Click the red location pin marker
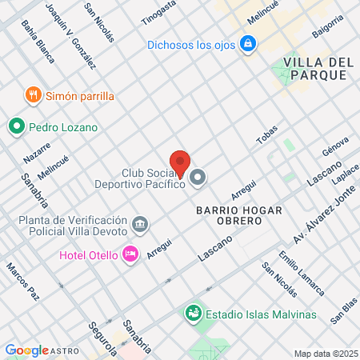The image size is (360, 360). (180, 162)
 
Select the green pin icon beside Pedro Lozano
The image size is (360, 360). (15, 126)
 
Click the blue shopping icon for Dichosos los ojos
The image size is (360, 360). (249, 44)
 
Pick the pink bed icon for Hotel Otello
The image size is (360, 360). (130, 255)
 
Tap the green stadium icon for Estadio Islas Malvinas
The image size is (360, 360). (193, 312)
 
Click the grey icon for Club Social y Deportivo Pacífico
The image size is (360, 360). (198, 178)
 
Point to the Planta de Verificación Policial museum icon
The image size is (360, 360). (141, 223)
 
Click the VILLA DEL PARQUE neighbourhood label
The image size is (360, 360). (314, 68)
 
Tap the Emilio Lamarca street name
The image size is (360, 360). (301, 274)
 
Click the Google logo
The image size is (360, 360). (27, 350)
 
